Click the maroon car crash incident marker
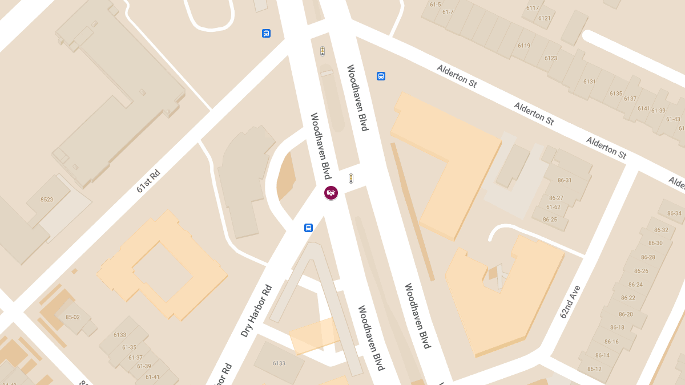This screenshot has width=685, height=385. click(x=331, y=193)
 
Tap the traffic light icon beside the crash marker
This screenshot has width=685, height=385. click(x=351, y=179)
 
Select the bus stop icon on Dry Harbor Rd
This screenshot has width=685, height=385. click(x=308, y=228)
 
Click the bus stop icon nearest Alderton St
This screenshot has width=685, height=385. click(x=381, y=76)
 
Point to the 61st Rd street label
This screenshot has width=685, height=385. click(x=148, y=181)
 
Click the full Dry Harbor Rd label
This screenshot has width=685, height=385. click(x=256, y=310)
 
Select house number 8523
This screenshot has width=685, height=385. click(x=47, y=200)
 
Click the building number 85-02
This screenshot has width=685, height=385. click(x=72, y=317)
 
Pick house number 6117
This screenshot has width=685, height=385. click(x=533, y=8)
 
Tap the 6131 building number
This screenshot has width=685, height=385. click(x=589, y=82)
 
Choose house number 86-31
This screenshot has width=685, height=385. click(x=564, y=180)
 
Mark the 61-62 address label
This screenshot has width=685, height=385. click(x=553, y=207)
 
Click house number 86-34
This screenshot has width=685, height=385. click(x=674, y=213)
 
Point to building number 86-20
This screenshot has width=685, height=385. click(x=625, y=314)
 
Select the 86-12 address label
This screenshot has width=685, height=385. click(x=594, y=370)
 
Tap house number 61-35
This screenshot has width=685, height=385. click(x=129, y=347)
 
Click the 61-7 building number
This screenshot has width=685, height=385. click(x=448, y=12)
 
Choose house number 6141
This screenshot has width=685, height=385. click(x=643, y=108)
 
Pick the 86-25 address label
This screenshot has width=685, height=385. click(x=550, y=220)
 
